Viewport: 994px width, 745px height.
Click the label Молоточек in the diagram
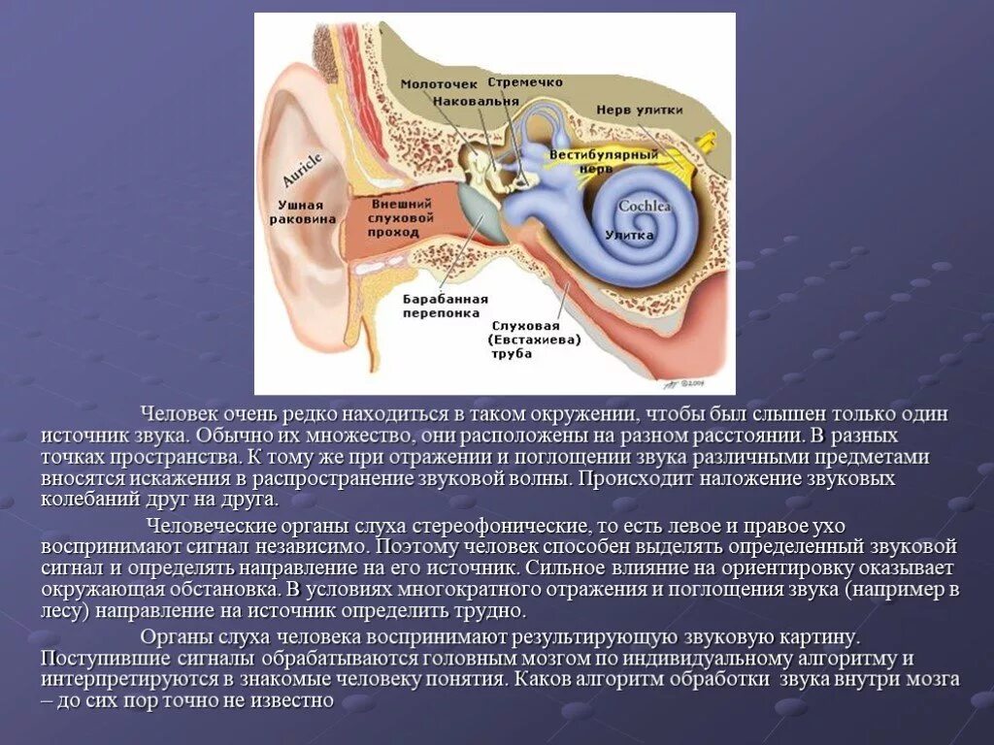tap(433, 84)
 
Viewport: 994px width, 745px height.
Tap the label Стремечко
tap(520, 82)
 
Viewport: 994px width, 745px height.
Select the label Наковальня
tap(471, 100)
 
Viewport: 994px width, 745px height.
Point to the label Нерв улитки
tap(639, 110)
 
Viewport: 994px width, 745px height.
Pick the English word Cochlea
tap(645, 206)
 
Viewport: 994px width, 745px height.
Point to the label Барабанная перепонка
tap(446, 306)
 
